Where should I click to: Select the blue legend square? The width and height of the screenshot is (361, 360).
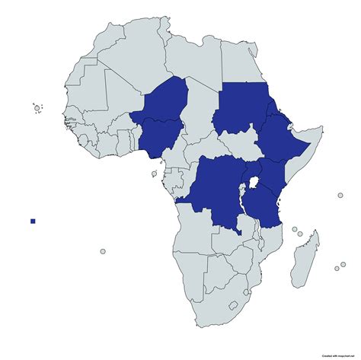tap(33, 221)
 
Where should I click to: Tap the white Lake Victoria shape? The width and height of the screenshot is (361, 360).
tap(251, 183)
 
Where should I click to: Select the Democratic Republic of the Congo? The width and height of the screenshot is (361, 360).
tap(217, 190)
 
